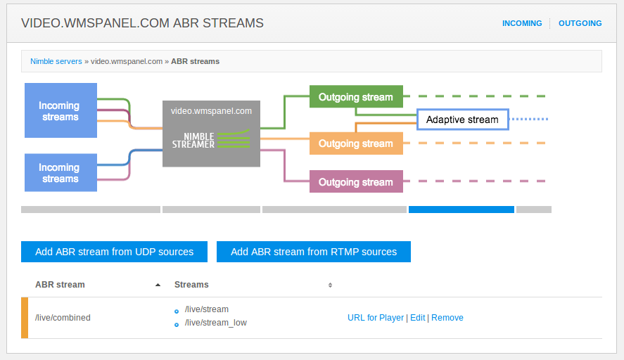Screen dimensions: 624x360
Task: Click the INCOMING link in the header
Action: point(522,23)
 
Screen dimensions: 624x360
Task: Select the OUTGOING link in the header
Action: point(580,23)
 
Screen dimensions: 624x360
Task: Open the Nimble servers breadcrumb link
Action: point(56,61)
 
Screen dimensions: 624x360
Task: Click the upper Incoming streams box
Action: point(61,110)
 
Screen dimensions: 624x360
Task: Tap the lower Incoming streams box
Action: point(61,173)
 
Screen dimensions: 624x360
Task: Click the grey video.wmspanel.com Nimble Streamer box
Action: point(211,134)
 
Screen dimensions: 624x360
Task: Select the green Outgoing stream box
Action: point(356,96)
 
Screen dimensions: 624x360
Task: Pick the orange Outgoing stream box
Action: point(356,143)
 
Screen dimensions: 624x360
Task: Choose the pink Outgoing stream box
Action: point(356,181)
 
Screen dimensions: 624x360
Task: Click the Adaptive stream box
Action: point(462,120)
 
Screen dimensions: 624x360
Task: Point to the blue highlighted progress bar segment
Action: point(461,210)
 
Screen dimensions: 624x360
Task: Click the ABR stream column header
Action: point(60,285)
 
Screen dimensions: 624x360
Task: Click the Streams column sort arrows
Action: point(330,285)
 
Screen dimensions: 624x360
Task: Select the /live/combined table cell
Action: point(63,318)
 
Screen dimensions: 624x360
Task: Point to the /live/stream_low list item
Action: point(216,323)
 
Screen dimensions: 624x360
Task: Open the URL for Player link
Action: point(375,318)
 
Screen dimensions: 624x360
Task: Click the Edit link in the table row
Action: point(417,318)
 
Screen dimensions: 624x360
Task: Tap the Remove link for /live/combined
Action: point(447,318)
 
